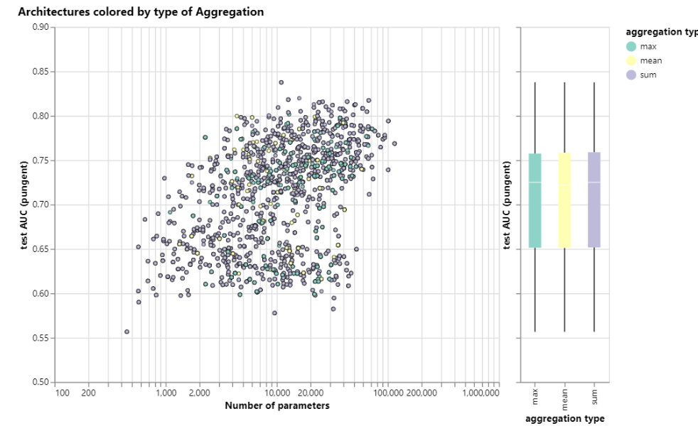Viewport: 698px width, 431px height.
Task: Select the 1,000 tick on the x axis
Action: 166,393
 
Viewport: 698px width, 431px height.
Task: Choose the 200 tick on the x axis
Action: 88,393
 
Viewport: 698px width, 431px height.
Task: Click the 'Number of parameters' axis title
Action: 277,406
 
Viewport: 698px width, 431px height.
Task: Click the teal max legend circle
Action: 631,47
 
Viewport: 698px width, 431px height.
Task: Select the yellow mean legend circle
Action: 631,61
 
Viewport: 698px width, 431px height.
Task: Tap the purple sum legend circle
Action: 631,75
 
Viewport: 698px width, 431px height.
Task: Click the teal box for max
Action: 535,200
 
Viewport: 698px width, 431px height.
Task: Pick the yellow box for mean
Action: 564,200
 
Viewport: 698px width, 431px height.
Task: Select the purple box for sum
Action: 594,200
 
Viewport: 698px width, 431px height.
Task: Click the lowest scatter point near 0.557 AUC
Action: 127,332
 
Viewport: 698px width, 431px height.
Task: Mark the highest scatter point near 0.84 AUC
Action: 281,82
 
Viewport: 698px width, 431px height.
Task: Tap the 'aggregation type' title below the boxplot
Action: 565,418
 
